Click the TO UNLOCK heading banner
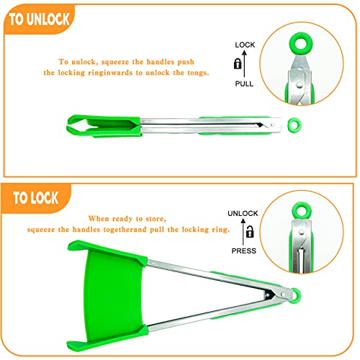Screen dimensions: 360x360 coord(40,19)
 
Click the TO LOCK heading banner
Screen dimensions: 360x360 coord(36,198)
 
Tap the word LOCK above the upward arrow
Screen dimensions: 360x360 coord(245,45)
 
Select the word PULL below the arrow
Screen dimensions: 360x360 coord(244,84)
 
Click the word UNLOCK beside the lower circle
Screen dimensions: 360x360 coord(243,213)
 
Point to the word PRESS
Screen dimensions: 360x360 coord(243,251)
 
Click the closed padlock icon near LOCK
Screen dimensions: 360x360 coord(238,64)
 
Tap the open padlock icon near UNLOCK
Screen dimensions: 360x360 coord(250,232)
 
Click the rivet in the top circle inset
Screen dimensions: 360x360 coord(299,84)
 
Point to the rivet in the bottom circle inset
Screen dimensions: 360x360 coord(301,232)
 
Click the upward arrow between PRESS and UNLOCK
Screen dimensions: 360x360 coord(243,232)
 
